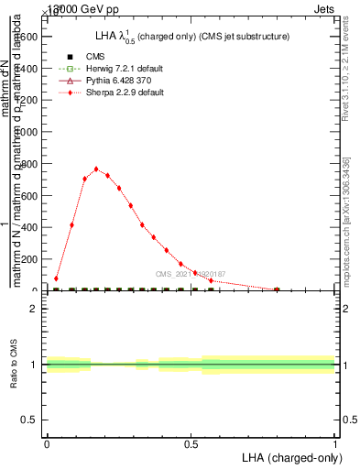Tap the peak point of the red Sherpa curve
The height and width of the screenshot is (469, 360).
[x=96, y=169]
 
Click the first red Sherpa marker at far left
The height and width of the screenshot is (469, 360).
[x=56, y=278]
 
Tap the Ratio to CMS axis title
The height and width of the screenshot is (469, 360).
[x=14, y=365]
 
